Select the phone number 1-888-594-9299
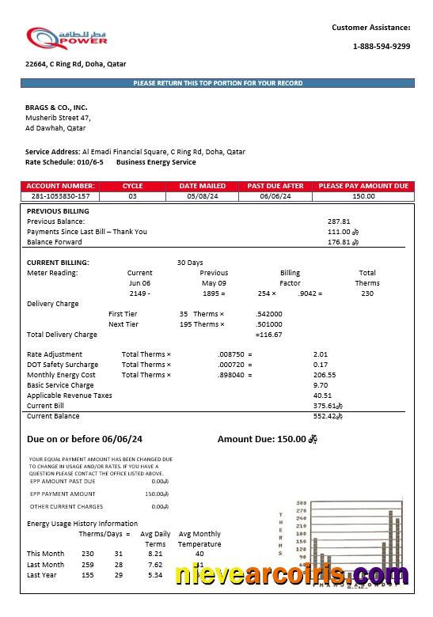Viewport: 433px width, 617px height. [381, 47]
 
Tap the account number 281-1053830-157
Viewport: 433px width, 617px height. [60, 196]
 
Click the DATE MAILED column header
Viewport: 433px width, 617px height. [202, 186]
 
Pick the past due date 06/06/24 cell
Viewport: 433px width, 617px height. [275, 196]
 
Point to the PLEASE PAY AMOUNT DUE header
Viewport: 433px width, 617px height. [363, 186]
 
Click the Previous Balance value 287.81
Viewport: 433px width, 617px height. [339, 221]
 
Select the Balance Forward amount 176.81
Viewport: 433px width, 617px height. [339, 242]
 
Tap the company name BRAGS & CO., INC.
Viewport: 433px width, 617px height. [56, 107]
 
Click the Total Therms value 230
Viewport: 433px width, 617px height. [367, 293]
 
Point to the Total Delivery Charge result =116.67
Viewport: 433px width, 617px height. [268, 335]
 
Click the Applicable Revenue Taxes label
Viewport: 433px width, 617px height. [70, 396]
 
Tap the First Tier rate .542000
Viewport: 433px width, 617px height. [269, 314]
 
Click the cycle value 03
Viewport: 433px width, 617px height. [132, 196]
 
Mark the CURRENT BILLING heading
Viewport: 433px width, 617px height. [58, 263]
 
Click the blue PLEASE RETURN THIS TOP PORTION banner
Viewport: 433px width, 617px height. [217, 83]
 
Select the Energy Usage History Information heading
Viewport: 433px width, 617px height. [82, 524]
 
